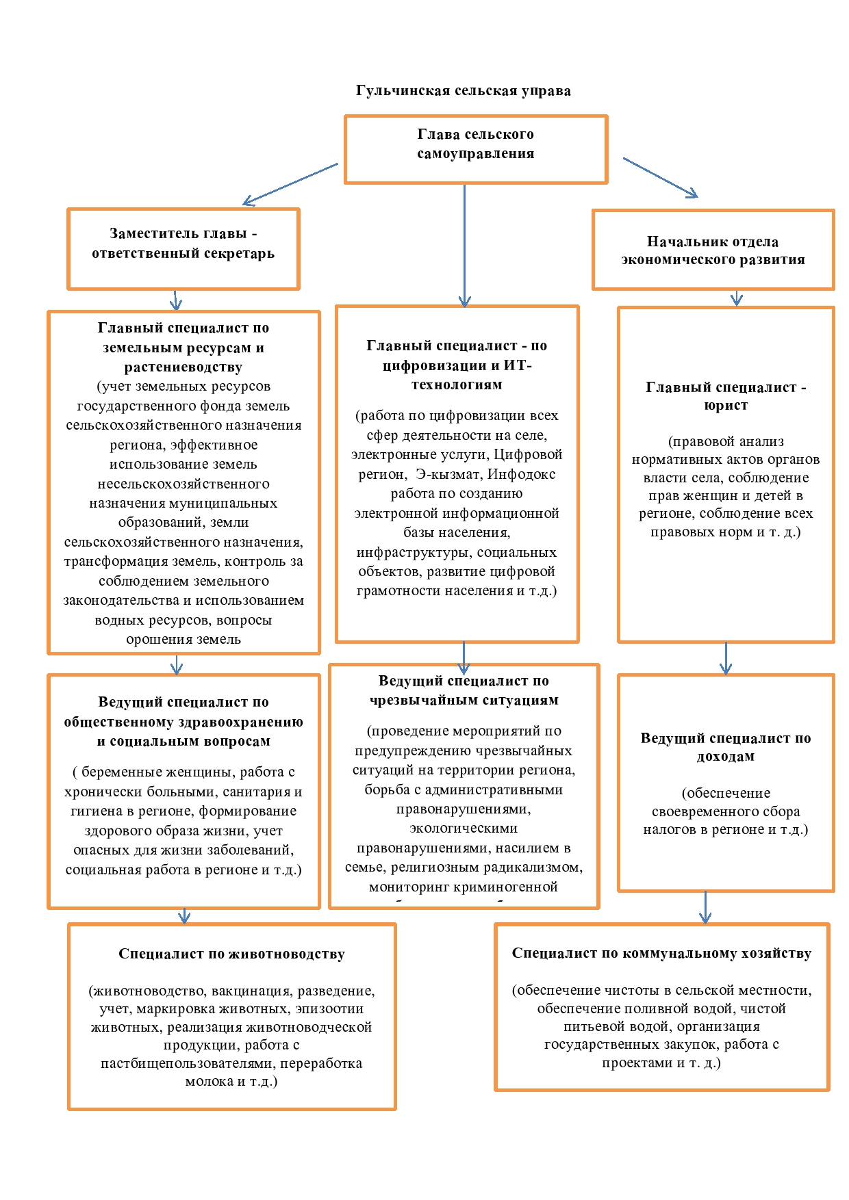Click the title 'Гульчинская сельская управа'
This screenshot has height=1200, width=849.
click(463, 91)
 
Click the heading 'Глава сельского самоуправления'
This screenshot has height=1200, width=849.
click(475, 144)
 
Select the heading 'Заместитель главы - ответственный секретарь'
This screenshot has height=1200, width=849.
click(183, 244)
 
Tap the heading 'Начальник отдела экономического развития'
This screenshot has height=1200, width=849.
click(712, 250)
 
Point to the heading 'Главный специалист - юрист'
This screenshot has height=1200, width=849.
click(726, 396)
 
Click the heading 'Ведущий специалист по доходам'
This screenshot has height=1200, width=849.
click(726, 747)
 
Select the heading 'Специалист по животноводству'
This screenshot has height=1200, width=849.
click(231, 954)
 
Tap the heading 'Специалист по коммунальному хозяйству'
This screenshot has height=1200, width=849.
click(661, 953)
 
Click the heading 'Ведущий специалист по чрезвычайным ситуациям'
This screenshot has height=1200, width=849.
click(464, 690)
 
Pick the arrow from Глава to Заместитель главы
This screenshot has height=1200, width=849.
click(290, 183)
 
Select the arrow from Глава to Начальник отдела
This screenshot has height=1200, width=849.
click(660, 178)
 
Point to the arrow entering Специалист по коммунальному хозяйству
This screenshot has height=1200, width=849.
click(705, 908)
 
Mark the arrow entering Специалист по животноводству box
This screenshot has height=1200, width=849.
click(183, 916)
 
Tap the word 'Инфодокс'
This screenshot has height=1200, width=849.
click(521, 474)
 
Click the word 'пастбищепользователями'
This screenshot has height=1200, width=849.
click(188, 1063)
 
